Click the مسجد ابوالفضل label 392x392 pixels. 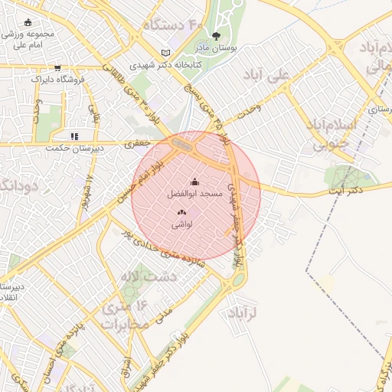pyautogui.click(x=194, y=194)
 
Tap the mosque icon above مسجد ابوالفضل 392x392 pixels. pyautogui.click(x=194, y=182)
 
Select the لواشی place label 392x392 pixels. pyautogui.click(x=181, y=224)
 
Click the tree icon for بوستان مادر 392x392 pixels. pyautogui.click(x=216, y=35)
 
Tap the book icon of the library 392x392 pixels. pyautogui.click(x=165, y=53)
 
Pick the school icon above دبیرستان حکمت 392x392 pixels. pyautogui.click(x=74, y=136)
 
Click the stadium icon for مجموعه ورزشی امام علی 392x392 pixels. pyautogui.click(x=29, y=23)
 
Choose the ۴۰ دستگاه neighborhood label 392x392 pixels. pyautogui.click(x=173, y=26)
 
